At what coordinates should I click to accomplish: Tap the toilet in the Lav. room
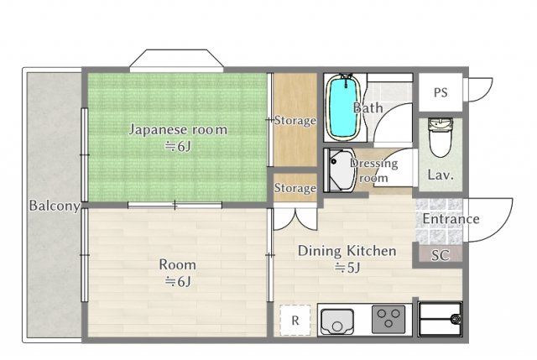point(441,137)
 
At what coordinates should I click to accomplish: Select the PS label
point(441,92)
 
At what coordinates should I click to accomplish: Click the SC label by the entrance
point(440,255)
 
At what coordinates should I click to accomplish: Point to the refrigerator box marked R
point(295,320)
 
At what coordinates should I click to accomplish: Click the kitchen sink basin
point(337,321)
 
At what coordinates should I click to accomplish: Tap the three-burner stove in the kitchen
point(388,319)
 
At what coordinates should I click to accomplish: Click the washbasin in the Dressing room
point(340,170)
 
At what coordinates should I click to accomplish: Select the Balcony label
point(55,206)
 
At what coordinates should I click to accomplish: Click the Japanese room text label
point(178,130)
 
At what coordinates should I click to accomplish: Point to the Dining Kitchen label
point(347,251)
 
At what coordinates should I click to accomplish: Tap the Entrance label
point(451,219)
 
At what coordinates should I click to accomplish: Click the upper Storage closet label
point(295,121)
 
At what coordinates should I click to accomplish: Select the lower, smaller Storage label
point(295,188)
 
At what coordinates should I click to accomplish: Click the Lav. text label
point(441,175)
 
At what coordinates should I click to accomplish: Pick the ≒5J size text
point(347,268)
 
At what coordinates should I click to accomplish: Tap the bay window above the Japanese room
point(177,61)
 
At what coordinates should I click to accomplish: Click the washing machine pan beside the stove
point(440,319)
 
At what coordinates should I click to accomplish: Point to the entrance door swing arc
point(503,229)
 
